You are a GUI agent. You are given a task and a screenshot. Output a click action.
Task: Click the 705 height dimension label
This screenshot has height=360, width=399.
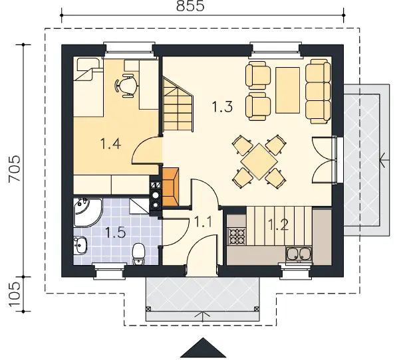(15, 168)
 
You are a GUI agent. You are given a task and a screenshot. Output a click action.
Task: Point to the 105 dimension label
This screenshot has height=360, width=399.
(15, 294)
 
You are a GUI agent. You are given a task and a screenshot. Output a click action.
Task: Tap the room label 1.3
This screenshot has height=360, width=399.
(222, 106)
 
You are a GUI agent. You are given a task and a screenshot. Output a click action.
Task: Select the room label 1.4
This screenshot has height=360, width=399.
(110, 143)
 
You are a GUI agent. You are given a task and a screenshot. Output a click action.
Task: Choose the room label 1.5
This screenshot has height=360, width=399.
(115, 232)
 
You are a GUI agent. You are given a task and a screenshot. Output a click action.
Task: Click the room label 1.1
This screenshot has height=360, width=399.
(203, 222)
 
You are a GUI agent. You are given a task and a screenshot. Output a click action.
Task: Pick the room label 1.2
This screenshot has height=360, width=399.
(278, 225)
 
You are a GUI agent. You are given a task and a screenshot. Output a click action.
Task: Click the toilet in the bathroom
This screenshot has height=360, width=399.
(139, 254)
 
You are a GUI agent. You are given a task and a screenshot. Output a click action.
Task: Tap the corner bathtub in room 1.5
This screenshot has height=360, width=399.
(86, 212)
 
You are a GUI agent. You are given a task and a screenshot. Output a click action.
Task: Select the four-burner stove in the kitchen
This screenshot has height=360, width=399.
(237, 236)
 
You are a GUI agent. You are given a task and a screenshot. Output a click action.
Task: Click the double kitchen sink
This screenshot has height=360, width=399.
(299, 254)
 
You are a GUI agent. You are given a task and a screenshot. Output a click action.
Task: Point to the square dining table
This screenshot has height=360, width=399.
(259, 161)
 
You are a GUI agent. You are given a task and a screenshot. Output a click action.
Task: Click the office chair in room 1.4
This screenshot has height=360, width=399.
(126, 86)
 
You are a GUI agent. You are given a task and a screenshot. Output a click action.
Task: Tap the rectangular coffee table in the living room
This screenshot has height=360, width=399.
(287, 90)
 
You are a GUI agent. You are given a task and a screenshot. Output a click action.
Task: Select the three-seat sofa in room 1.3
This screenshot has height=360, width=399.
(319, 92)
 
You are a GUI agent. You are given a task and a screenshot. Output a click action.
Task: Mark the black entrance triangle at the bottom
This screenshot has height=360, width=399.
(203, 347)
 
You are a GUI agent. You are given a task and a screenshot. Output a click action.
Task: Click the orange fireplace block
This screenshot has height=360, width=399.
(170, 187)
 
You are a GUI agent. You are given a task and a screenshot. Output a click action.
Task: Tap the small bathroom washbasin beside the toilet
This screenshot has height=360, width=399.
(80, 245)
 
